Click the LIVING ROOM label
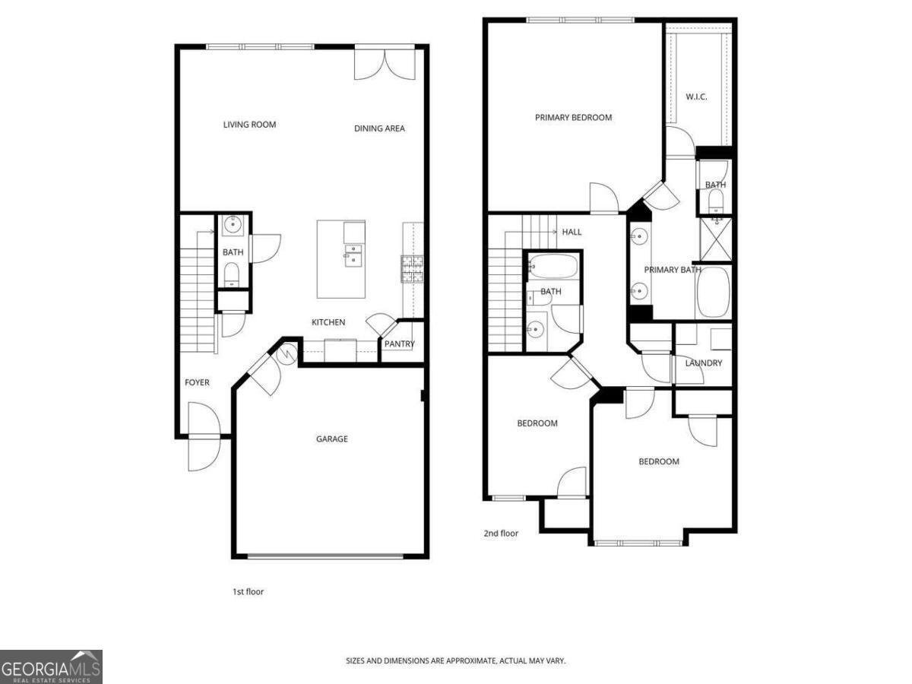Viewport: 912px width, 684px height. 249,125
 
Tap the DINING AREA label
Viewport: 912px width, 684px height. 379,128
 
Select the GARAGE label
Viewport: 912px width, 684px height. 332,439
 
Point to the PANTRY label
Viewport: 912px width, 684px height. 399,344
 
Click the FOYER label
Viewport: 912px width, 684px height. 197,382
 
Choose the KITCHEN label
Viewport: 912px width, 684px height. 328,322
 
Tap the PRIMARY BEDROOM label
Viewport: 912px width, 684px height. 573,118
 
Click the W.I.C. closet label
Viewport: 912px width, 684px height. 696,97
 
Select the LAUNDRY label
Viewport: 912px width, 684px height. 703,363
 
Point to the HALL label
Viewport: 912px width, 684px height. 572,232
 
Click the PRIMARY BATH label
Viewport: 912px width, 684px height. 673,270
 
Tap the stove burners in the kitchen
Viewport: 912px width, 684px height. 412,268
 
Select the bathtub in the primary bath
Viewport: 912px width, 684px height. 713,291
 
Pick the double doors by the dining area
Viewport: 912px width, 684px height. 385,64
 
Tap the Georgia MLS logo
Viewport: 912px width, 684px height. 51,667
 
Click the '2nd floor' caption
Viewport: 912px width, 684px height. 501,534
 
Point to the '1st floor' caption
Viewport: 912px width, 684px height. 248,591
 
